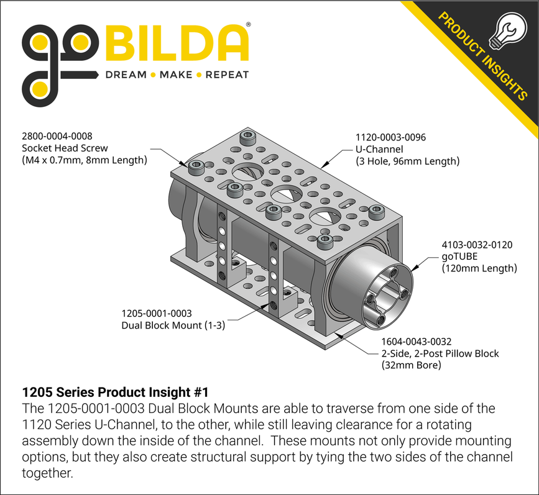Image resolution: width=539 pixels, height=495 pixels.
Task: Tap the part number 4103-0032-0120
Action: (477, 245)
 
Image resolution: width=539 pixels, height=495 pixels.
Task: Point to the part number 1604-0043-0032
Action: (416, 342)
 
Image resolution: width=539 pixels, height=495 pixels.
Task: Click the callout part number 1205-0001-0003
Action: (156, 314)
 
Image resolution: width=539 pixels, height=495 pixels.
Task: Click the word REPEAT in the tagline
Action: (227, 75)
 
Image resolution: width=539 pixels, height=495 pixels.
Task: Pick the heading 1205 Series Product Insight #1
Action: (114, 393)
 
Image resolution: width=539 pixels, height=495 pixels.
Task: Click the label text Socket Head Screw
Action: (65, 148)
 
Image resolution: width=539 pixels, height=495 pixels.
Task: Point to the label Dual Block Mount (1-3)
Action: (173, 325)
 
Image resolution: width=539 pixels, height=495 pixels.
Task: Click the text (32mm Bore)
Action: (411, 365)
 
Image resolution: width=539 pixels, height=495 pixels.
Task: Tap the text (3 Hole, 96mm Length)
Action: (407, 161)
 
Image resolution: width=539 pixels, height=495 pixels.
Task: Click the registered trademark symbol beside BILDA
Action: (249, 25)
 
